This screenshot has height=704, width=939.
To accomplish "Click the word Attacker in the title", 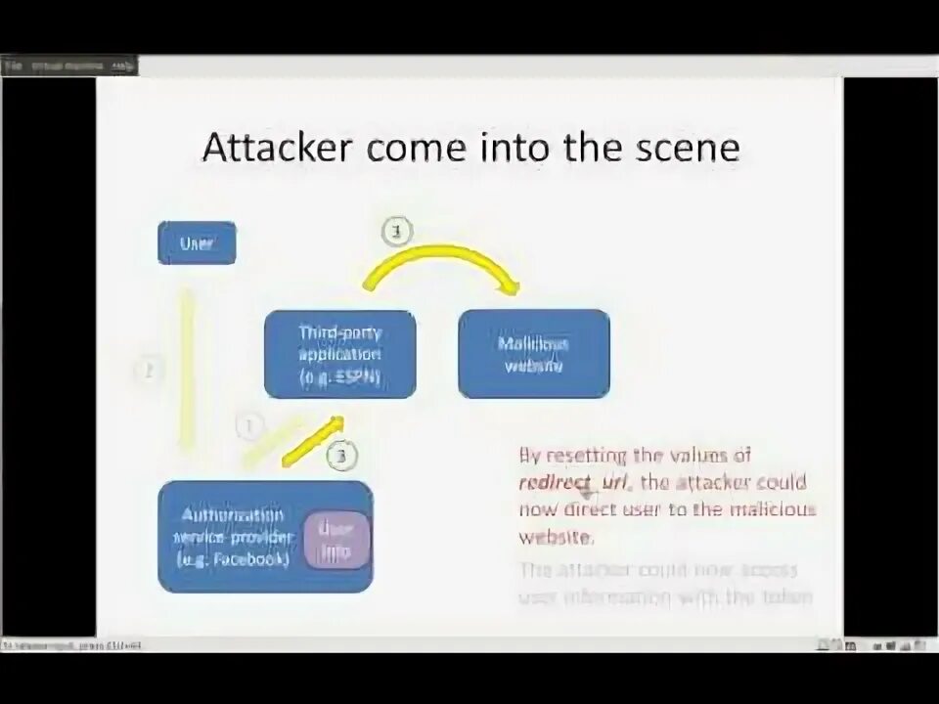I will (278, 148).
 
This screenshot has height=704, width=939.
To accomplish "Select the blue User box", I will (197, 243).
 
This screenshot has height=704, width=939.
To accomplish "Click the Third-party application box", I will (339, 353).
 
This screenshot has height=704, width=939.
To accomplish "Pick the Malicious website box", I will (534, 353).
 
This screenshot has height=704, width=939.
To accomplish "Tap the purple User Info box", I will (337, 540).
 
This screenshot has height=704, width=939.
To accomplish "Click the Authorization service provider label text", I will (231, 537).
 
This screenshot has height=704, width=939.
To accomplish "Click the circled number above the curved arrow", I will (396, 233).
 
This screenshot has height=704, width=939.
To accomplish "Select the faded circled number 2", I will (149, 371).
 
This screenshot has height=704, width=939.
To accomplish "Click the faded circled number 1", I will (249, 426).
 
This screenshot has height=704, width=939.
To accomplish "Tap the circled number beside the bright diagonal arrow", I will (340, 455).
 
